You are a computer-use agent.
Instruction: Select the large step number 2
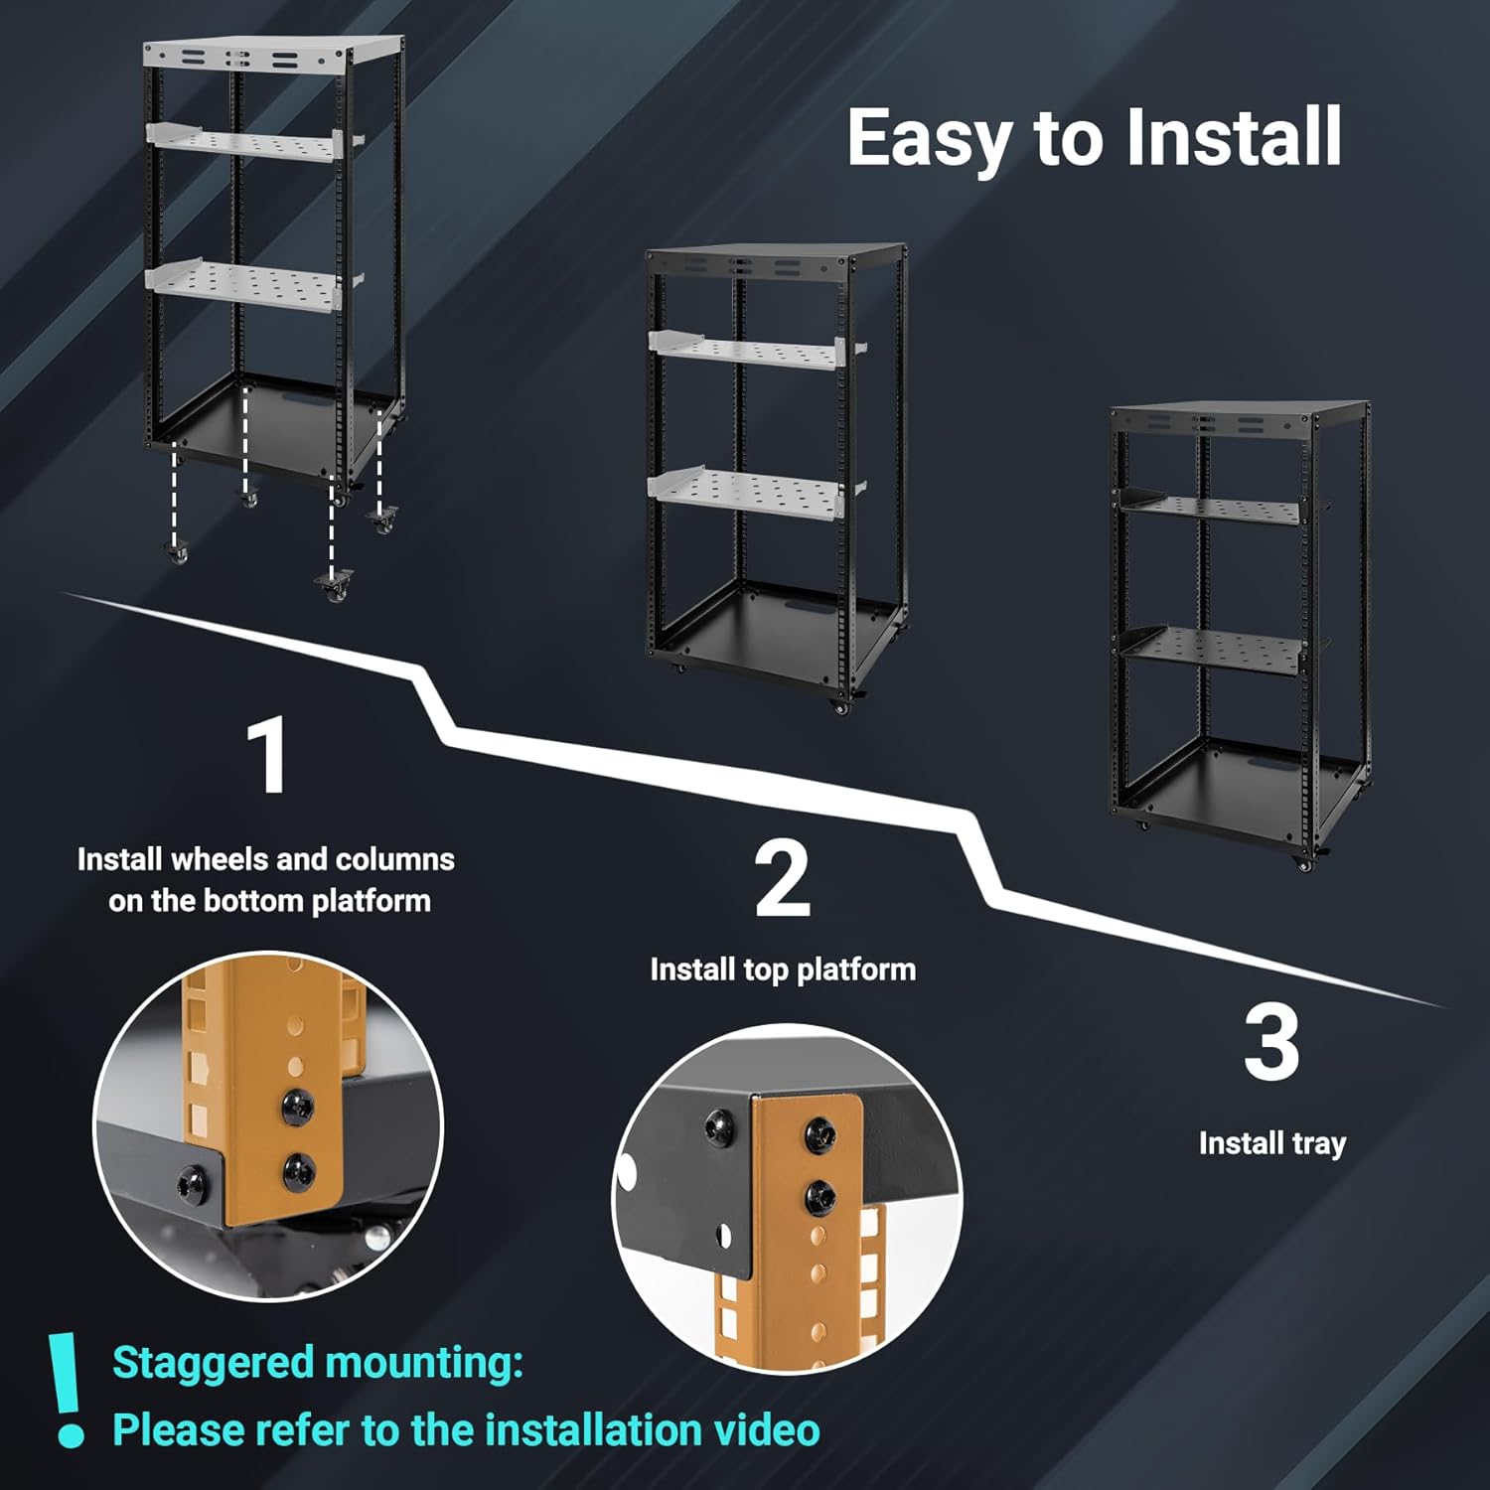point(783,879)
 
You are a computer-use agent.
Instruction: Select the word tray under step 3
point(1318,1144)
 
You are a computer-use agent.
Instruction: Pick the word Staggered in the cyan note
point(212,1363)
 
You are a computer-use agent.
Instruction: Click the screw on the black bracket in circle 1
point(190,1183)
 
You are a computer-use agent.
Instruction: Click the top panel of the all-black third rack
point(1237,410)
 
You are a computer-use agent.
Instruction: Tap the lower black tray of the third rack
point(1212,648)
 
